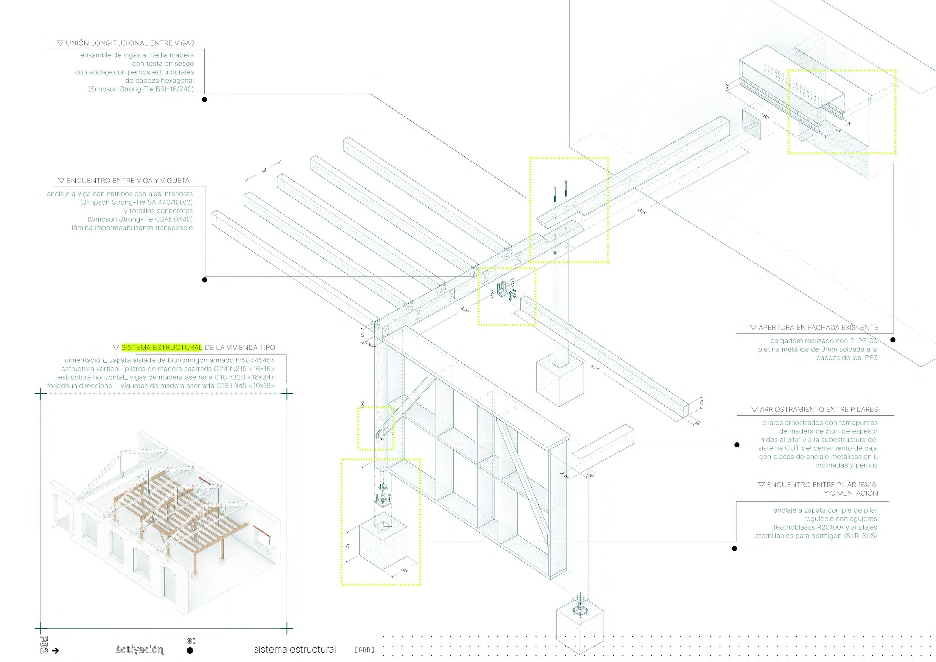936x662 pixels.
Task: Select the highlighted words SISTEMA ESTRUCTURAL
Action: point(161,347)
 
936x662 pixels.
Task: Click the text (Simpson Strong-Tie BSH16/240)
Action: point(141,89)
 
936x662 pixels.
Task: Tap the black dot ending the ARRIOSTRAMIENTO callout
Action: point(737,445)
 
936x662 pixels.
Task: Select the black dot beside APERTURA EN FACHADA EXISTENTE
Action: point(893,340)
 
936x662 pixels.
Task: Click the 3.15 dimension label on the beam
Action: point(642,212)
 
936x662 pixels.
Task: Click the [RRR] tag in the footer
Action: point(364,650)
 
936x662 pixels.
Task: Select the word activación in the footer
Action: point(139,649)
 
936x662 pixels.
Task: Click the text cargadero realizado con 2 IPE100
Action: point(823,341)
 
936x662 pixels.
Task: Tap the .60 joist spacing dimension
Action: point(264,170)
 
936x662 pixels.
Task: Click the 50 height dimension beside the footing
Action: point(347,546)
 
